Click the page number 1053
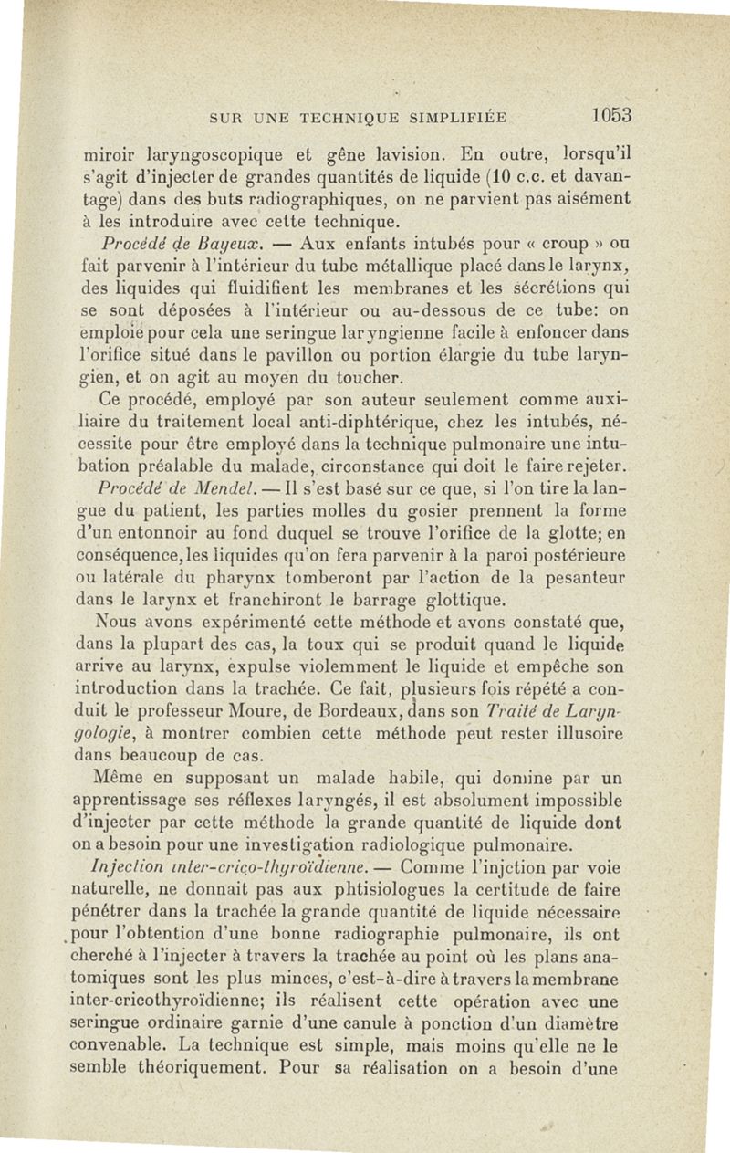pos(611,116)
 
